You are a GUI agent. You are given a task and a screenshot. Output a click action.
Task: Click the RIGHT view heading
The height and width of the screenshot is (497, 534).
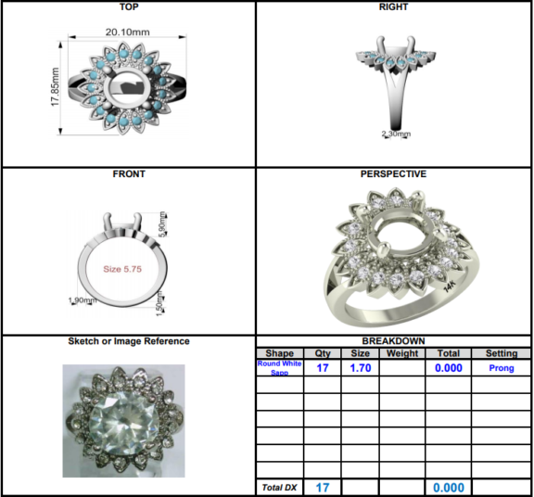click(x=393, y=7)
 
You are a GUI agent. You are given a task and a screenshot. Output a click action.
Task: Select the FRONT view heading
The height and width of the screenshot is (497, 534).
click(x=128, y=173)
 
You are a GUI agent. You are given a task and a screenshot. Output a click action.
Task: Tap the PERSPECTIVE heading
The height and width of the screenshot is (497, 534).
click(x=393, y=173)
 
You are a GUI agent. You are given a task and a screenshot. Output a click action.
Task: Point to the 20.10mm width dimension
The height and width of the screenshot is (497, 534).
click(x=127, y=32)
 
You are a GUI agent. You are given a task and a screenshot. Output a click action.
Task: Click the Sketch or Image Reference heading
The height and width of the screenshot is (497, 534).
click(x=128, y=341)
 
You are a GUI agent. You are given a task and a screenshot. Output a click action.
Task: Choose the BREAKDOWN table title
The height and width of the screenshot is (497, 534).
click(x=393, y=341)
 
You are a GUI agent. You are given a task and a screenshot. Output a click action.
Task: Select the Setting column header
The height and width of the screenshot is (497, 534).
click(x=501, y=353)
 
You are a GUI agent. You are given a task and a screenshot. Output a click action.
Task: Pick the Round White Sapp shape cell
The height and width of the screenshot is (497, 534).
click(x=279, y=368)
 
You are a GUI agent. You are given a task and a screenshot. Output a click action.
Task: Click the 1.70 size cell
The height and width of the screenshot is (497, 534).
click(x=360, y=368)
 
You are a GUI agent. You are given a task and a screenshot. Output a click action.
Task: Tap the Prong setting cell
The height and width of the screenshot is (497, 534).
click(x=501, y=368)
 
